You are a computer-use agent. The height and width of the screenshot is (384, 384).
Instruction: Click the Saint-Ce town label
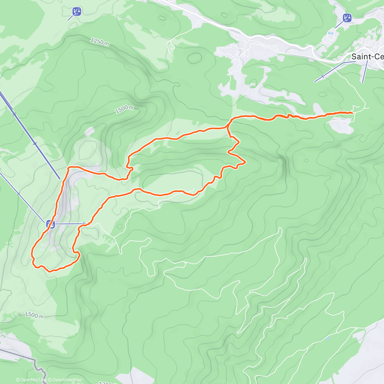367,57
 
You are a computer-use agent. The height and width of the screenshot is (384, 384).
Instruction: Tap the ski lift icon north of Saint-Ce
347,18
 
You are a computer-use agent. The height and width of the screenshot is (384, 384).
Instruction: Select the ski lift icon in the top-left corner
76,12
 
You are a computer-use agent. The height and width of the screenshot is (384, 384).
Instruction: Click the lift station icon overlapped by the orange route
50,224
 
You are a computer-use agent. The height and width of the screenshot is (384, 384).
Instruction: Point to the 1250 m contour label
100,42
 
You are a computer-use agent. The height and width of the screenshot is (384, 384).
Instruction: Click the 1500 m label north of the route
124,109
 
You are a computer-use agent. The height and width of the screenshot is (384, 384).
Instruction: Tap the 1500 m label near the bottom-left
34,315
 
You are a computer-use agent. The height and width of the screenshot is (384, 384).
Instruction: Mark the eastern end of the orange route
352,113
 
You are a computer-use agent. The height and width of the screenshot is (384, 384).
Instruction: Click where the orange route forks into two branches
228,127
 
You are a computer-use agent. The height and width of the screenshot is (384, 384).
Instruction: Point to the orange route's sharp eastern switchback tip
245,162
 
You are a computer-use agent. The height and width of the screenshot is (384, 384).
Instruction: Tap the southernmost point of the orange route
50,271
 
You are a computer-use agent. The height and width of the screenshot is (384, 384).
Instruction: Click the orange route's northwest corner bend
69,167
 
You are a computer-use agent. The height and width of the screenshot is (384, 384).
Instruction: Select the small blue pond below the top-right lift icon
331,33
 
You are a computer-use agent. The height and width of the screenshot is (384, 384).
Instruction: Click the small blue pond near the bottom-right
328,338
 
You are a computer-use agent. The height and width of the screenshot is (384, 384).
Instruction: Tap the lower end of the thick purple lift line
60,178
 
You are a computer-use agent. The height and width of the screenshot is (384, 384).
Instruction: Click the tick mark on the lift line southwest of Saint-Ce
323,76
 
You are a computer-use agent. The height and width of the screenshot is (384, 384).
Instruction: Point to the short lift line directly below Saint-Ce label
365,72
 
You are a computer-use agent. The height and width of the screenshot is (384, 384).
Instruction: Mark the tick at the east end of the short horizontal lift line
84,223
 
